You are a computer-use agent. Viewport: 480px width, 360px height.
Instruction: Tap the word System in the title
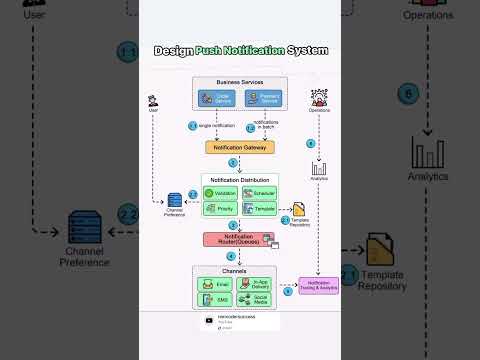[308, 50]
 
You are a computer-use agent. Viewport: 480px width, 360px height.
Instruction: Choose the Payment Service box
[263, 98]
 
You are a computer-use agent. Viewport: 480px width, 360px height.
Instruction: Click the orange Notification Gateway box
[240, 147]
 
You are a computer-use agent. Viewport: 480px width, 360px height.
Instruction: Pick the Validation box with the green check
[221, 193]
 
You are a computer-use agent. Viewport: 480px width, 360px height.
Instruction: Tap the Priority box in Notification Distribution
[221, 209]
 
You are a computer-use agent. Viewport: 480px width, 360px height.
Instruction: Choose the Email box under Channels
[218, 284]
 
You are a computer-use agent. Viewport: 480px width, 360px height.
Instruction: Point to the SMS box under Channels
[218, 299]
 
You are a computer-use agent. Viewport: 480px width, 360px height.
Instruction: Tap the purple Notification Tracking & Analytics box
[319, 287]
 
